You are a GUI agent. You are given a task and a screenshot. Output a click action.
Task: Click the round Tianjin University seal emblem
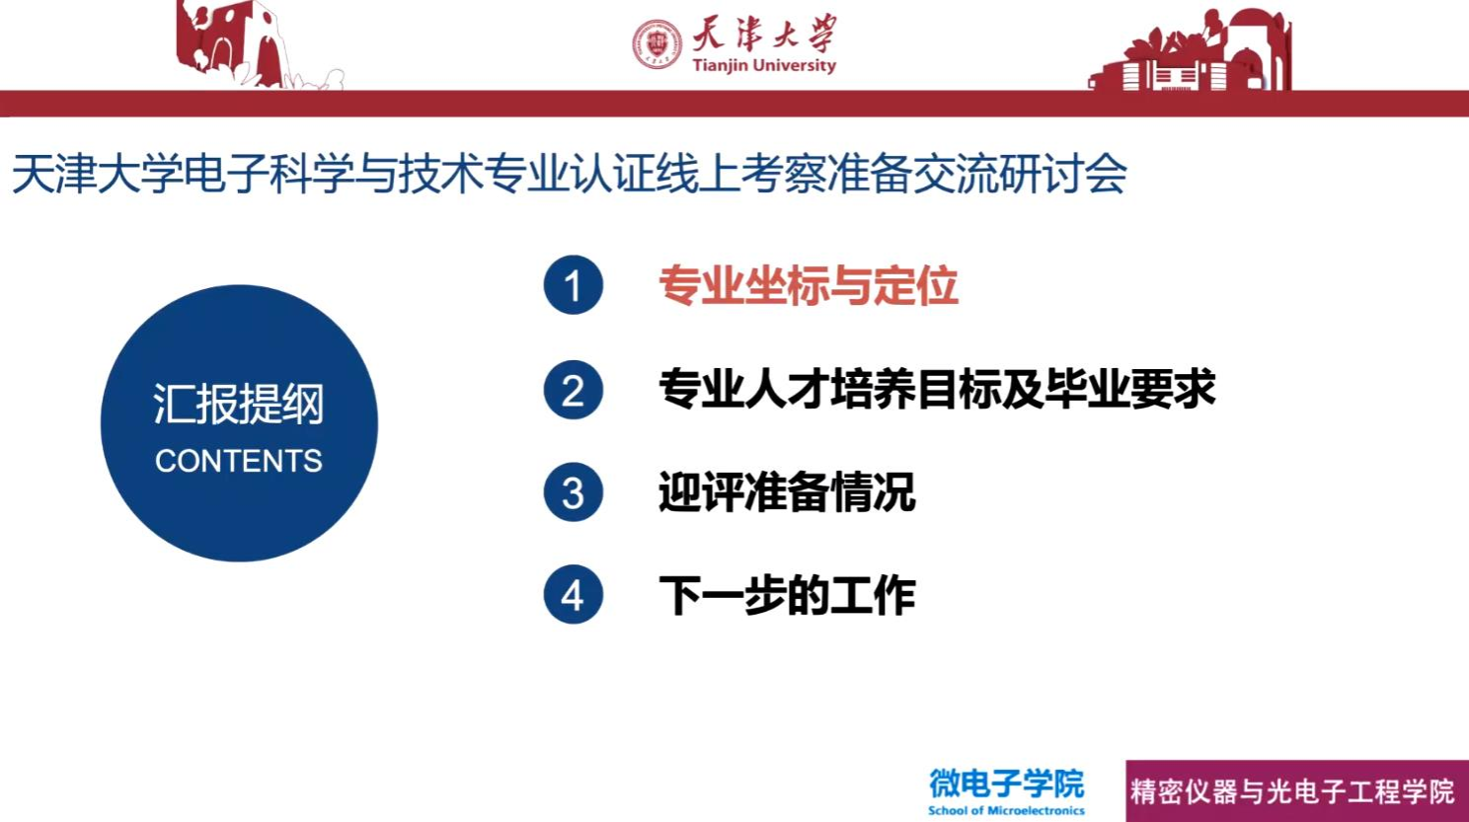point(657,44)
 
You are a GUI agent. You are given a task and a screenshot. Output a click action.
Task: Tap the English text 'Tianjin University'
point(765,65)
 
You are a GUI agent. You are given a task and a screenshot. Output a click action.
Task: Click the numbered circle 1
point(574,285)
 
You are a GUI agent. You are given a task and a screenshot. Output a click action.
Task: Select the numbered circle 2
point(574,390)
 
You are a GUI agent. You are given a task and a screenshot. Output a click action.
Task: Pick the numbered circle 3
point(574,492)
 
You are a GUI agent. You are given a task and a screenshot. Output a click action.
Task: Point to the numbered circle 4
point(574,594)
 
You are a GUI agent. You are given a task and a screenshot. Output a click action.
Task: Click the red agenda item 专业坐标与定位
point(809,286)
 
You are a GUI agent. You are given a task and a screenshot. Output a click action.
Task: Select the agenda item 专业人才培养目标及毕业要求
point(937,390)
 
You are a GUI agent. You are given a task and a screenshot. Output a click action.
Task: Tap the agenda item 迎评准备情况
point(787,492)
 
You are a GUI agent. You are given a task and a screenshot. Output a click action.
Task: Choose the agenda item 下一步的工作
point(787,595)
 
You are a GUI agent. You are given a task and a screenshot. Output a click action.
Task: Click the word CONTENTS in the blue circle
point(239,461)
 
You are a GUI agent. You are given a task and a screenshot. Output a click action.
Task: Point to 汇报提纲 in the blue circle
point(239,404)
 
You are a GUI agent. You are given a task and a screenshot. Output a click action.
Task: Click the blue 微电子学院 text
point(1007,784)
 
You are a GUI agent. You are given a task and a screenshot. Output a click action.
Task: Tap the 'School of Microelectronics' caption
point(1007,811)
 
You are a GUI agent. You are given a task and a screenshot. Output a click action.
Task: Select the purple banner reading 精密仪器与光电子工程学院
point(1297,791)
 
